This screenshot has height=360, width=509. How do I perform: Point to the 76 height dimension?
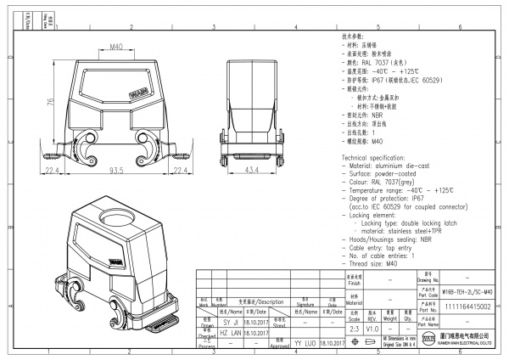click(x=50, y=102)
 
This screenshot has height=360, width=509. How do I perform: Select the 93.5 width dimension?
click(x=115, y=171)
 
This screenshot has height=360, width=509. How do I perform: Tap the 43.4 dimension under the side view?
click(x=252, y=171)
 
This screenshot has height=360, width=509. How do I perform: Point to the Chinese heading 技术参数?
click(x=353, y=37)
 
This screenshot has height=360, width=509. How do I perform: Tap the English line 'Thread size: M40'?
click(x=374, y=264)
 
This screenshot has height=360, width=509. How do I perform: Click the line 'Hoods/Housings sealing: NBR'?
click(x=392, y=240)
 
